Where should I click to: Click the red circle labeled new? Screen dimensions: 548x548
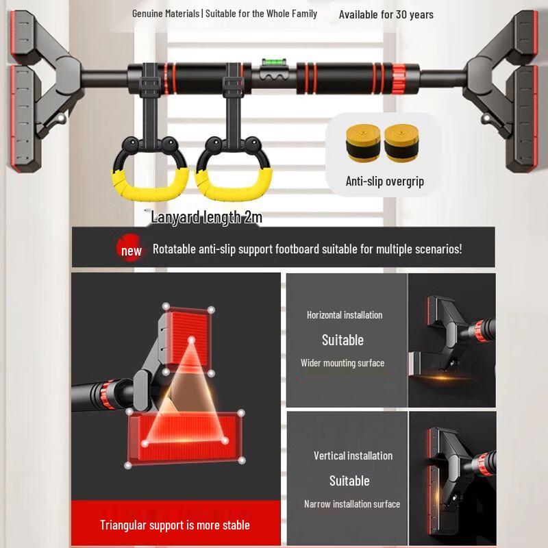tap(131, 250)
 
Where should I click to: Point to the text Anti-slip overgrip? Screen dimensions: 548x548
tap(385, 182)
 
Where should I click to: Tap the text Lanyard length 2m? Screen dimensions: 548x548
tap(206, 217)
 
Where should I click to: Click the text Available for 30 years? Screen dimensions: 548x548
tap(386, 14)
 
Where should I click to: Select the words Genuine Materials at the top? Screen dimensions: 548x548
tap(164, 14)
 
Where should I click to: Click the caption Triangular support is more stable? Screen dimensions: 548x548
tap(175, 525)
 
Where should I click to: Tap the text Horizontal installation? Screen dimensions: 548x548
tap(345, 315)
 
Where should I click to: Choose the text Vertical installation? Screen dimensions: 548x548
tap(353, 456)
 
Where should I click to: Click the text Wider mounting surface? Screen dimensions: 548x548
tap(342, 363)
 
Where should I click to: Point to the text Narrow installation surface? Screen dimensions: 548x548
tap(352, 504)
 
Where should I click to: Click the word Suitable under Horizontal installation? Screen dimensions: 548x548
tap(342, 340)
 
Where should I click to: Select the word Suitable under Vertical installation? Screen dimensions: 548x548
tap(349, 481)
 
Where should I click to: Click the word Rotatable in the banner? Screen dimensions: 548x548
tap(174, 249)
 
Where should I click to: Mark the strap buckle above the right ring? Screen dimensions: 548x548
tap(234, 86)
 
